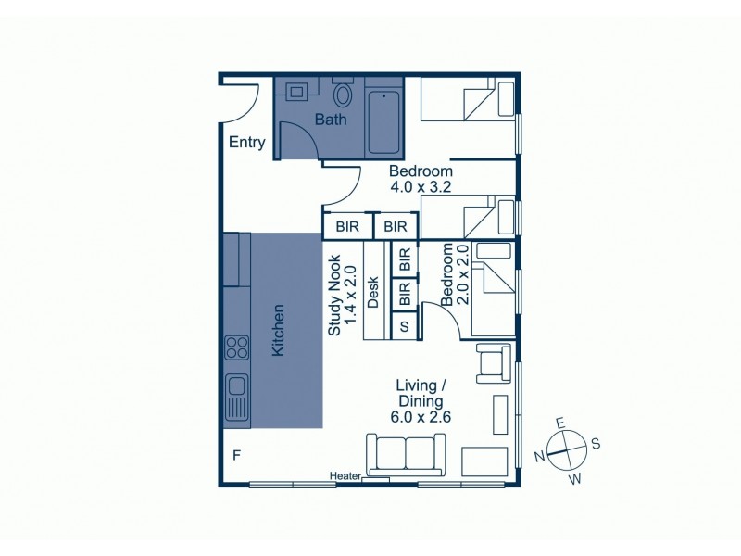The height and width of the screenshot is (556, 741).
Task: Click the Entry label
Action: [x=247, y=143]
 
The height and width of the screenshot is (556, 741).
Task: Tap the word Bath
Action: [x=331, y=120]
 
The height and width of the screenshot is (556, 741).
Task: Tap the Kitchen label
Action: [x=277, y=330]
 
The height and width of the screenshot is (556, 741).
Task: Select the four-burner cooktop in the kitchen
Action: [x=236, y=347]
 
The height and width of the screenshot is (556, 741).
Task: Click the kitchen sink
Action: [x=236, y=396]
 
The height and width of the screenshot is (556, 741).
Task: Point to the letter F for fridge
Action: [x=236, y=455]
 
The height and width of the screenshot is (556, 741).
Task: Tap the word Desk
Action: [x=374, y=292]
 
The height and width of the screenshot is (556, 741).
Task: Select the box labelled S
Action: [x=404, y=326]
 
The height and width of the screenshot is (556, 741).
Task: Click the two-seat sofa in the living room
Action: [x=406, y=453]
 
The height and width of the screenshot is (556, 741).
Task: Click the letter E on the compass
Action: [x=559, y=422]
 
